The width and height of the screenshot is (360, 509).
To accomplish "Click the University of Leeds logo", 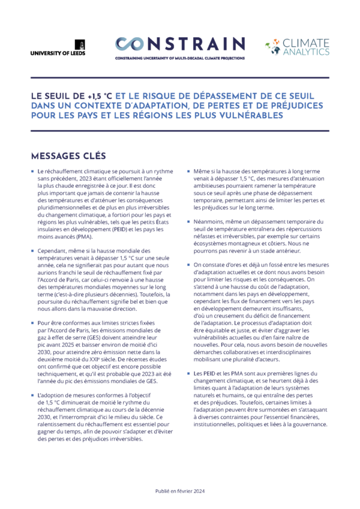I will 58,47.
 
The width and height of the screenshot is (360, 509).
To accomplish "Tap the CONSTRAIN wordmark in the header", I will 180,44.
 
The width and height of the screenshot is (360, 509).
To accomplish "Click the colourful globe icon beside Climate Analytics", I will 272,47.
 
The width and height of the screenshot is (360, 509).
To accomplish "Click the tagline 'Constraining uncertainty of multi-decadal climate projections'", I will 180,58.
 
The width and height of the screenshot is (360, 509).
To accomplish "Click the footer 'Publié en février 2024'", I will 180,490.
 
